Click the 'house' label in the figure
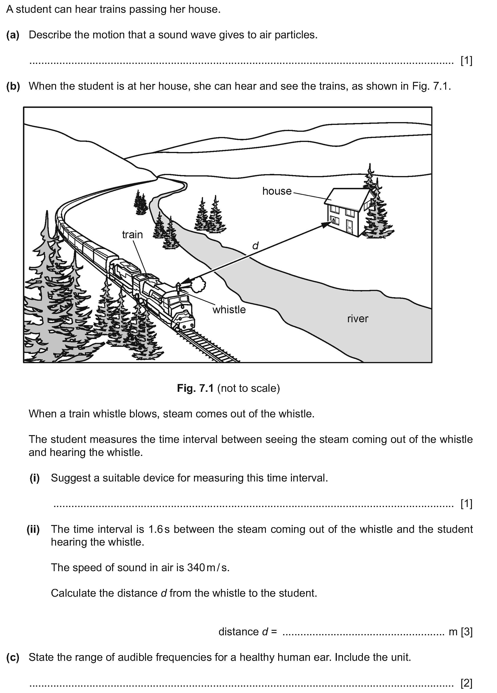tap(277, 191)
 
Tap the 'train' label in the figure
tap(132, 234)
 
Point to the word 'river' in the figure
tap(357, 319)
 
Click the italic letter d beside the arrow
tap(255, 245)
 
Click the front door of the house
tap(349, 225)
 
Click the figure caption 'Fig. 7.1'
tap(195, 388)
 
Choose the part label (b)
tap(13, 86)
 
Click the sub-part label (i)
tap(35, 478)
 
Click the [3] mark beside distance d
tap(466, 631)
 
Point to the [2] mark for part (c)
tap(466, 683)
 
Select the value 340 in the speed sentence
tap(196, 567)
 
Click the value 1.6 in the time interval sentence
tap(155, 529)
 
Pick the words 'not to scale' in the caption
tap(248, 388)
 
